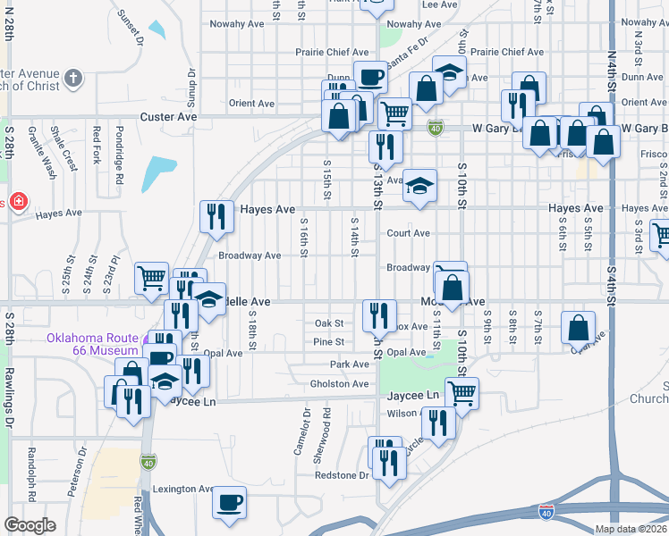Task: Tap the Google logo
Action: (30, 525)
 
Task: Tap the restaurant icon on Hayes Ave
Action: (216, 215)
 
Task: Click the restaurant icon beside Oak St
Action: (379, 314)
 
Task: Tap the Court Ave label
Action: (408, 233)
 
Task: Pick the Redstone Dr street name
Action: (341, 475)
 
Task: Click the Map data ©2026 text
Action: (631, 529)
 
